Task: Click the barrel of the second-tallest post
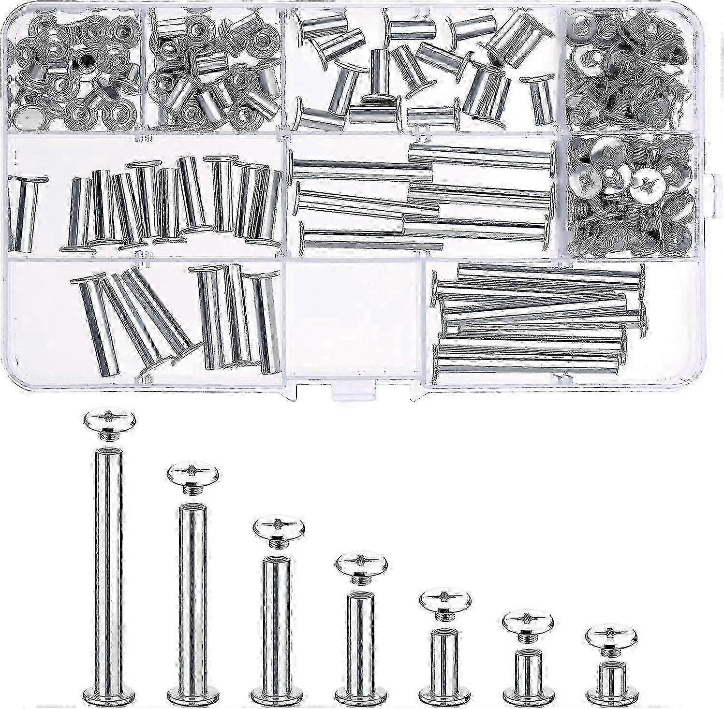(x=192, y=594)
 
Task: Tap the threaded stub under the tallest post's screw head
(x=110, y=436)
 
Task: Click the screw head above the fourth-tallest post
(x=361, y=562)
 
